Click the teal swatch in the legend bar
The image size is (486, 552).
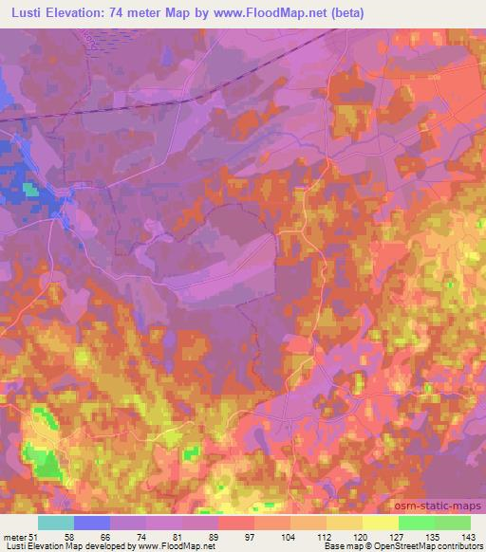(56, 523)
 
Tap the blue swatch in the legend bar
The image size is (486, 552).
(92, 523)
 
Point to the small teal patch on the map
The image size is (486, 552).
(32, 190)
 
